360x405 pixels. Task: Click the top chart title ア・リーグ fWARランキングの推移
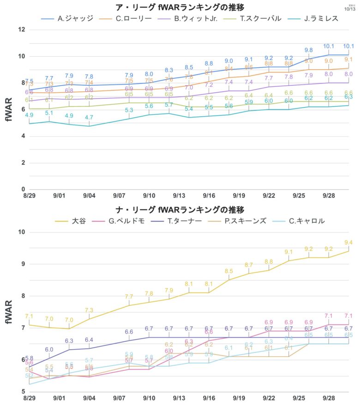(x=180, y=7)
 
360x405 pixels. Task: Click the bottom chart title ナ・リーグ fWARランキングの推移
(x=180, y=209)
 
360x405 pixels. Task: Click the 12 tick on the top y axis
(x=21, y=30)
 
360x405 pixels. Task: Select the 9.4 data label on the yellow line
(x=348, y=242)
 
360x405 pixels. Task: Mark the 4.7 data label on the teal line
(x=89, y=118)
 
